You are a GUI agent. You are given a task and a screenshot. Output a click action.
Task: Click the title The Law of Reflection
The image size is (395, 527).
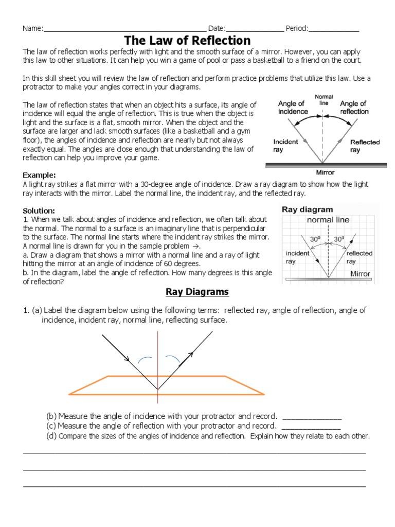[188, 40]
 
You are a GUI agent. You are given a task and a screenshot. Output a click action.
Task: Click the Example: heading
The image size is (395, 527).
[40, 175]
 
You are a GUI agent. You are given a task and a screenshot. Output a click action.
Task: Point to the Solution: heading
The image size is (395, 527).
[39, 211]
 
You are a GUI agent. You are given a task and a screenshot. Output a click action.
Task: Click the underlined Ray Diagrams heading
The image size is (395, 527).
[197, 292]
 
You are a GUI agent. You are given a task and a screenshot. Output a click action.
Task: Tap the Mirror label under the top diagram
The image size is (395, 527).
[325, 172]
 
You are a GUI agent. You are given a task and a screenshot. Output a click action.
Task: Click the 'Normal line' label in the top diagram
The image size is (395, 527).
[324, 100]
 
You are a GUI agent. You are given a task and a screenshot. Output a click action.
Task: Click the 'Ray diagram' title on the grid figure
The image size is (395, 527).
[308, 209]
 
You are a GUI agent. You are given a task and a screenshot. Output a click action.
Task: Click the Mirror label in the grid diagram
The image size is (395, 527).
[360, 274]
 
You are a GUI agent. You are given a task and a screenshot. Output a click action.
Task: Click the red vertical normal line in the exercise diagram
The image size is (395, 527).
[158, 360]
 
